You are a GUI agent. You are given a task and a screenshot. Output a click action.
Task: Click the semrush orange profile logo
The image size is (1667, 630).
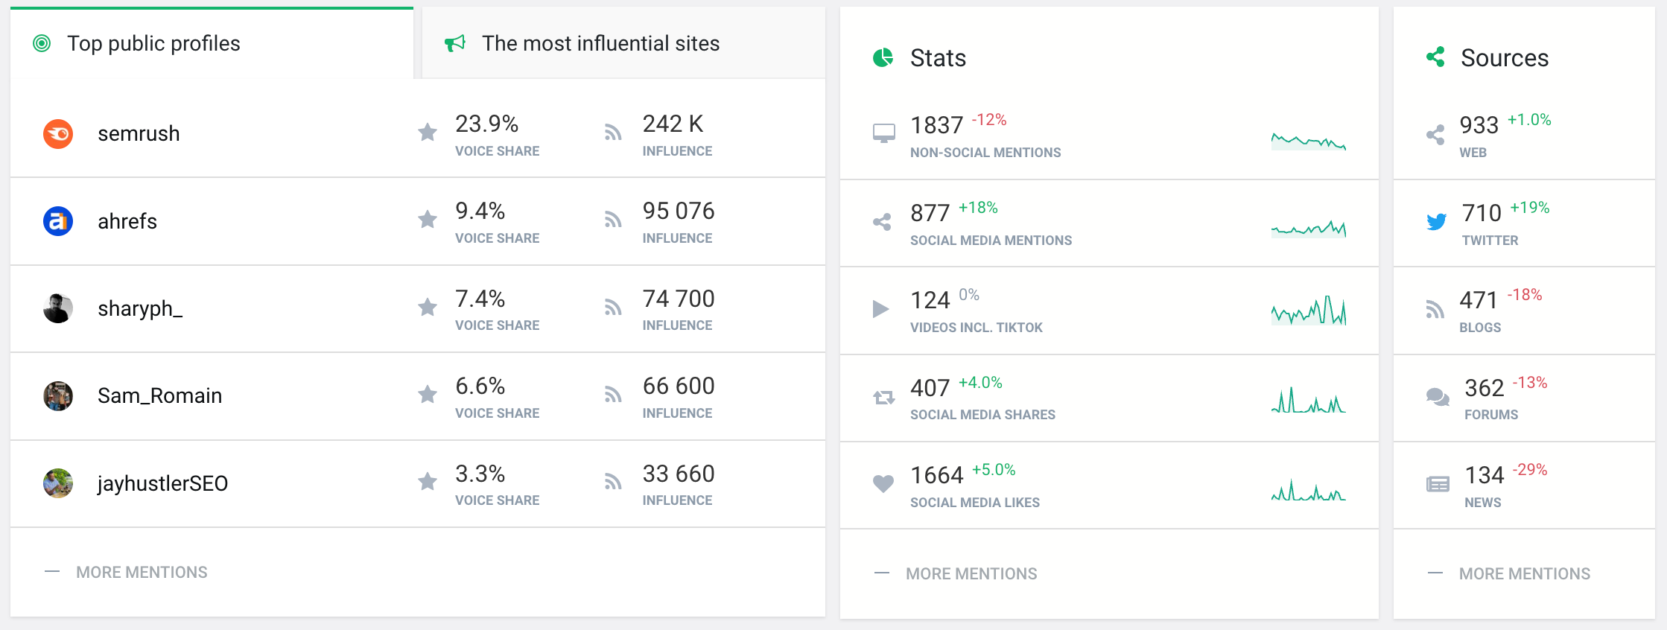click(58, 134)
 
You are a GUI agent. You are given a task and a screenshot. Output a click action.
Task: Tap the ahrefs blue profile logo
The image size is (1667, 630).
click(58, 221)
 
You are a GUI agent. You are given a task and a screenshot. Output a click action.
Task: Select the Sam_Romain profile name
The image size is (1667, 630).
click(159, 395)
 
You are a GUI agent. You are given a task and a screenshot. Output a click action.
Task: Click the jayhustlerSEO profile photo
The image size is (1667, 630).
click(58, 483)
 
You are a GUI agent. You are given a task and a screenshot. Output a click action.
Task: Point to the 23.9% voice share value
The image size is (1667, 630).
click(486, 124)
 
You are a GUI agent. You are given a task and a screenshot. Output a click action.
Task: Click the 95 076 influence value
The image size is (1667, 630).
click(678, 211)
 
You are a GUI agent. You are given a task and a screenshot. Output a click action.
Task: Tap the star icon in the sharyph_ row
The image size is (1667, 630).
click(428, 308)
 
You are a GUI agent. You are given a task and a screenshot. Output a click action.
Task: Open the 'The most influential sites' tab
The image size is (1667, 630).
click(600, 43)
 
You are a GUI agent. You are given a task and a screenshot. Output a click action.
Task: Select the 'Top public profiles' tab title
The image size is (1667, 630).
click(153, 43)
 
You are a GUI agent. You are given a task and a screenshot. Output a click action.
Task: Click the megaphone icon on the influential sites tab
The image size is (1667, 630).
click(455, 43)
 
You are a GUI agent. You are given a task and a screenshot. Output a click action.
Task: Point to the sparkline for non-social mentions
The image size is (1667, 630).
click(1308, 140)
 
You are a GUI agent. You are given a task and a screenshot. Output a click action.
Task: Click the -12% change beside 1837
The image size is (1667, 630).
click(988, 120)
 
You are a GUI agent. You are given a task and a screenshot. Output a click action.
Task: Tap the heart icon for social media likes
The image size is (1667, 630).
click(883, 484)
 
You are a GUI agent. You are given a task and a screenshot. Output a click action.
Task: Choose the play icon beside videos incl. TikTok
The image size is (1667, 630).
click(881, 309)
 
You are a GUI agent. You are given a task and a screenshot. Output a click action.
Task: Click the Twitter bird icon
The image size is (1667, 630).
click(1436, 221)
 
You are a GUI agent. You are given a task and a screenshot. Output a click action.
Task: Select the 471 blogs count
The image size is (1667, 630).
click(1478, 300)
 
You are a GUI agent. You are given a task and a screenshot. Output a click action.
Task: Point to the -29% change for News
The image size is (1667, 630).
click(1529, 470)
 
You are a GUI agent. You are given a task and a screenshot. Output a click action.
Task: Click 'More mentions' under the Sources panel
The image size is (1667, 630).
click(1524, 573)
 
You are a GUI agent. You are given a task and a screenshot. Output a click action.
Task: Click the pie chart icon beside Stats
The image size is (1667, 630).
click(883, 57)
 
